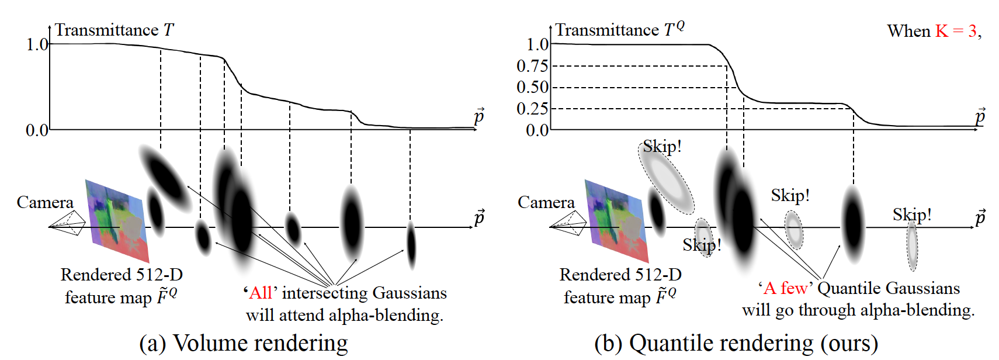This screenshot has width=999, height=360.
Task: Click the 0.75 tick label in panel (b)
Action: coord(532,66)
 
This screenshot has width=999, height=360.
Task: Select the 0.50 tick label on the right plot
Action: coord(532,87)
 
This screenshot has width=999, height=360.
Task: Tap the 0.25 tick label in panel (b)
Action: coord(532,108)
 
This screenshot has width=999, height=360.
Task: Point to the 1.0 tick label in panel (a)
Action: coord(37,44)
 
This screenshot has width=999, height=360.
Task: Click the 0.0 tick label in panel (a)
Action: coord(37,130)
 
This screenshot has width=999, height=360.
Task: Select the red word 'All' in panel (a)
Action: coord(261,293)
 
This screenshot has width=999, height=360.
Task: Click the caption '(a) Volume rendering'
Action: coord(243,343)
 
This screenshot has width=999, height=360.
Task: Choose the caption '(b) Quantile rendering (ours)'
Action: coord(736,343)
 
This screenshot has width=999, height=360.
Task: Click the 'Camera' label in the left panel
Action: coord(45,202)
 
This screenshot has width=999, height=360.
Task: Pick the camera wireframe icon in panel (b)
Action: coord(568,224)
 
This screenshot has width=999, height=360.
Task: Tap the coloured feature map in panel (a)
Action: coord(117,221)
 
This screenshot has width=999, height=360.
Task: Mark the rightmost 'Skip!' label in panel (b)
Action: coord(912,214)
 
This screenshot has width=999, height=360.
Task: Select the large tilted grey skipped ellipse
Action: coord(666,178)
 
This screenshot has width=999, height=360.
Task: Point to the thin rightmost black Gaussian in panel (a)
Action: coord(411,245)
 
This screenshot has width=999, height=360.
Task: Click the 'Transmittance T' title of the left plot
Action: coord(115,30)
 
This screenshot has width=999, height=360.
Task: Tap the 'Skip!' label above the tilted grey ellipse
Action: coord(662,147)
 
